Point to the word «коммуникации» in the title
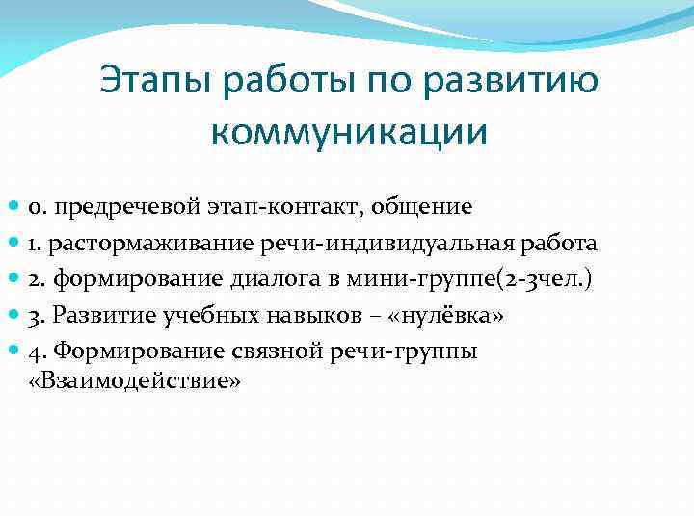pos(348,132)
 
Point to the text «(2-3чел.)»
pos(548,279)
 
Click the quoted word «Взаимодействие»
pos(148,381)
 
